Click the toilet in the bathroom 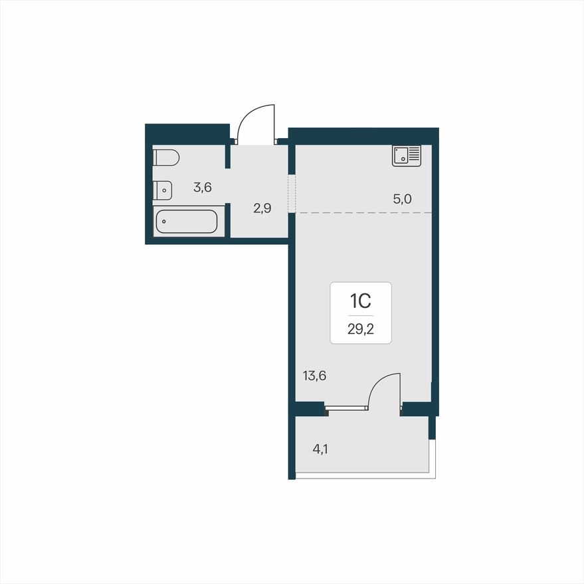pos(166,158)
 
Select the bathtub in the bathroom pos(186,222)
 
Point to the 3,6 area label pos(202,187)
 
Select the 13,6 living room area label pos(314,376)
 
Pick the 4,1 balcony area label pos(320,449)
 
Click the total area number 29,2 pos(360,328)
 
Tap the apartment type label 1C pos(360,302)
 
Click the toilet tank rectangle pos(155,158)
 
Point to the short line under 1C pos(360,315)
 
